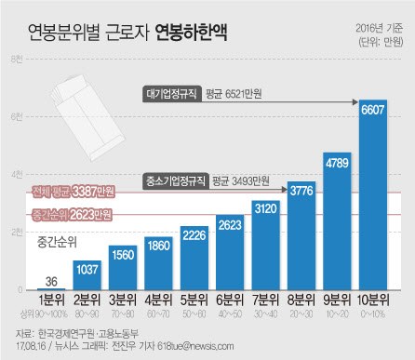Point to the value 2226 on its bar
click(194, 235)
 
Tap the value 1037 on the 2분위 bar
click(88, 270)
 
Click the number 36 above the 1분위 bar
click(53, 282)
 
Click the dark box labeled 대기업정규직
click(176, 92)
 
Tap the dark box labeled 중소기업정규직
click(175, 180)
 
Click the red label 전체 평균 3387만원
click(73, 193)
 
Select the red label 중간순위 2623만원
click(73, 215)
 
